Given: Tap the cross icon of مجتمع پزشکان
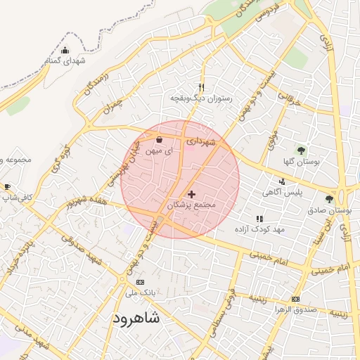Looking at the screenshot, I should [x=191, y=193].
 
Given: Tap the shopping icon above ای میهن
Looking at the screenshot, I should [x=158, y=139].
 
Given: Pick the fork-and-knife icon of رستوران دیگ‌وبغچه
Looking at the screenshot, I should [x=202, y=87].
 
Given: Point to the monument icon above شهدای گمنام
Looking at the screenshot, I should [x=65, y=50].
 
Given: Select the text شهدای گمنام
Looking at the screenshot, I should [x=66, y=61].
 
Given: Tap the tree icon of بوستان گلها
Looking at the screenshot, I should [x=301, y=150].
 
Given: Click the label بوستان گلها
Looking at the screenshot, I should [x=301, y=162].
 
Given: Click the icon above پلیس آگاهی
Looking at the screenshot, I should [x=283, y=181].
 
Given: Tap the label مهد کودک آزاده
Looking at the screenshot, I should [x=259, y=230].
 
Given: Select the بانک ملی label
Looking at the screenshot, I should [x=140, y=291].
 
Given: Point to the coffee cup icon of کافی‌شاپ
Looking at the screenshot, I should [x=7, y=187].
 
